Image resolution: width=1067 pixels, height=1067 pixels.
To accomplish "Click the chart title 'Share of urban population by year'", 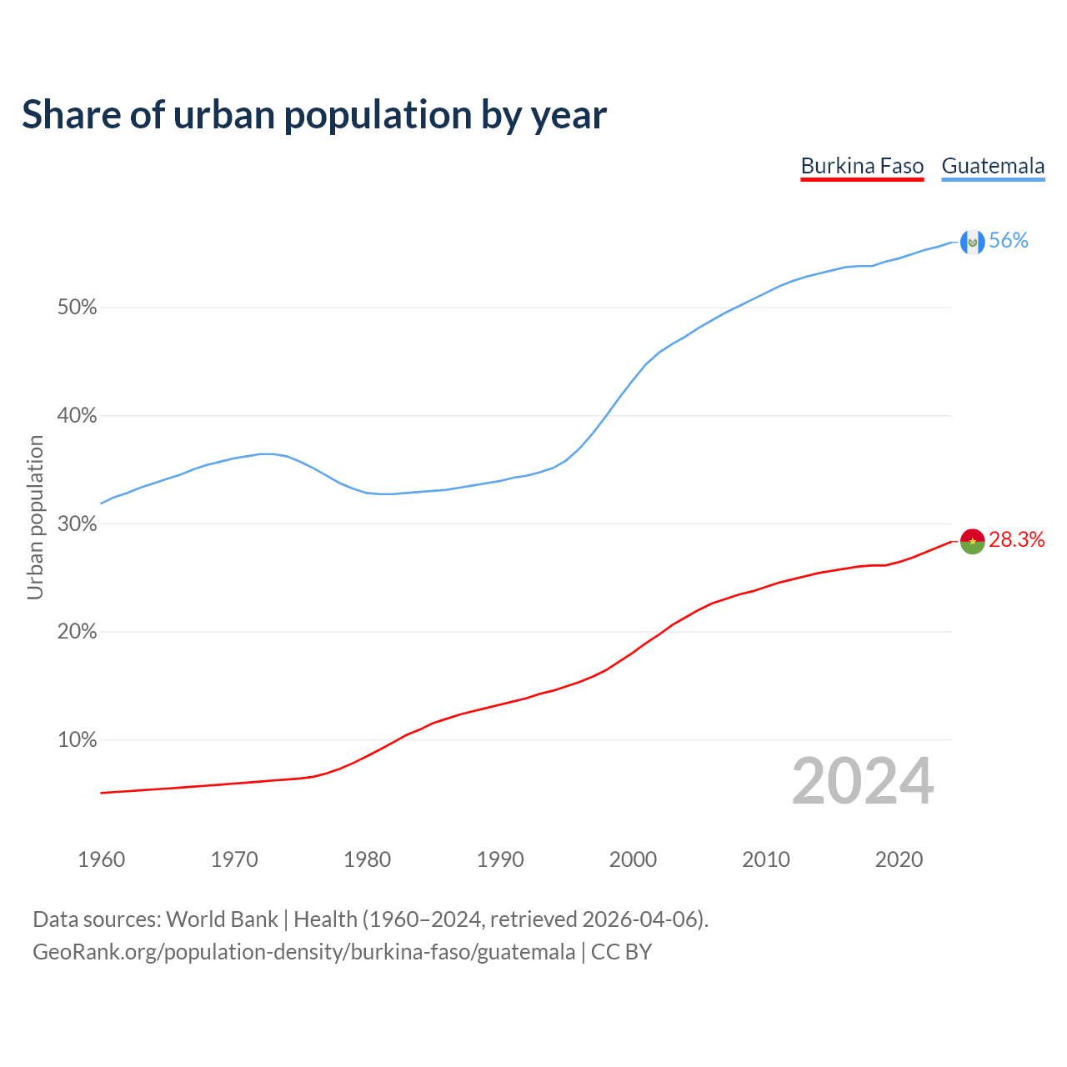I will [314, 115].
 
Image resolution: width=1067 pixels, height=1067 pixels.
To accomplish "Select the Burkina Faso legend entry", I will [862, 166].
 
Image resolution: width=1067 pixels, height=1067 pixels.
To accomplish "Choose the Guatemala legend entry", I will [993, 166].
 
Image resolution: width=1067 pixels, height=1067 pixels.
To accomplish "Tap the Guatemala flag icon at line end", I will [972, 242].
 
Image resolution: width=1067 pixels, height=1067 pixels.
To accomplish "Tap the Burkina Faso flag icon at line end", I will [972, 540].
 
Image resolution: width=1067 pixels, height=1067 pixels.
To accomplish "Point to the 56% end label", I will [1009, 241].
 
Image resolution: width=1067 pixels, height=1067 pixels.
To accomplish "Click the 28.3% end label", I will [1017, 540].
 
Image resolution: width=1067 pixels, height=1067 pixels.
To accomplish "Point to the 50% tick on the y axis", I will [78, 308].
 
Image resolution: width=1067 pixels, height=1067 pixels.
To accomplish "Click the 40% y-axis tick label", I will [78, 416].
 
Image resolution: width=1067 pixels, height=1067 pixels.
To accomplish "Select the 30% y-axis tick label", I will [78, 524].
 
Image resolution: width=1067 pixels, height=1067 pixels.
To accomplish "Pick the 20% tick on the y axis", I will [78, 632].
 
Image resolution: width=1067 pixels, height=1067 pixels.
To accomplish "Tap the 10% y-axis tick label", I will [78, 740].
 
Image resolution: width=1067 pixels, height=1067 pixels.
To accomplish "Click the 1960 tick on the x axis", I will [101, 859].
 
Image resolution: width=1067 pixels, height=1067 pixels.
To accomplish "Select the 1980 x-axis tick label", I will [368, 859].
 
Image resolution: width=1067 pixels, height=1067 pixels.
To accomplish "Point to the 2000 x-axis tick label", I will [634, 859].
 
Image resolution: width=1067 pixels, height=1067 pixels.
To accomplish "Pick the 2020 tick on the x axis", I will [899, 859].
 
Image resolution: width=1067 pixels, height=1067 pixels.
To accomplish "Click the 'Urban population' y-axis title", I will [35, 518].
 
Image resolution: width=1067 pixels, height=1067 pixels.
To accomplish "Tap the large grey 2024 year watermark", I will [863, 782].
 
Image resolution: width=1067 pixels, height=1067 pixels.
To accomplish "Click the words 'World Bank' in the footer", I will [222, 919].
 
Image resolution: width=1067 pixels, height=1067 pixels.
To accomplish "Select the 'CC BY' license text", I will [621, 952].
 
